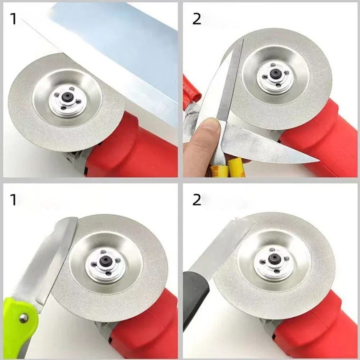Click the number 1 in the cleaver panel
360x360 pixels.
point(13,19)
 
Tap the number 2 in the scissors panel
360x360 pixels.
point(197,19)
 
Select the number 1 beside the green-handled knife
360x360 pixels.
point(13,200)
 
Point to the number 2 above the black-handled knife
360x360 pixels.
point(197,200)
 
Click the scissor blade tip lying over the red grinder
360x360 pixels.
point(310,158)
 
